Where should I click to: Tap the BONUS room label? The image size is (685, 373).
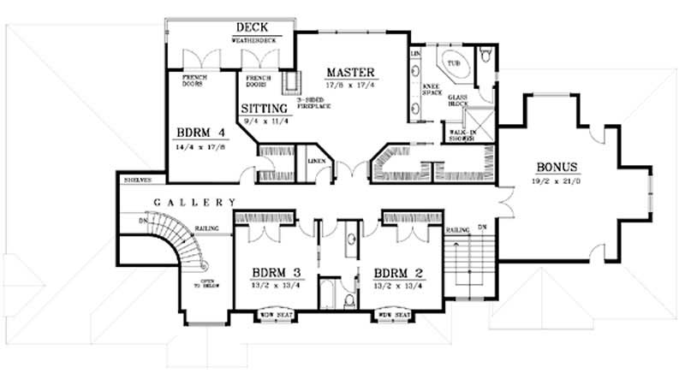point(557,166)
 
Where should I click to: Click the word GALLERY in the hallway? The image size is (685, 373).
point(194,203)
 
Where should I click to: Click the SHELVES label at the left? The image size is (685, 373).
point(138,180)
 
